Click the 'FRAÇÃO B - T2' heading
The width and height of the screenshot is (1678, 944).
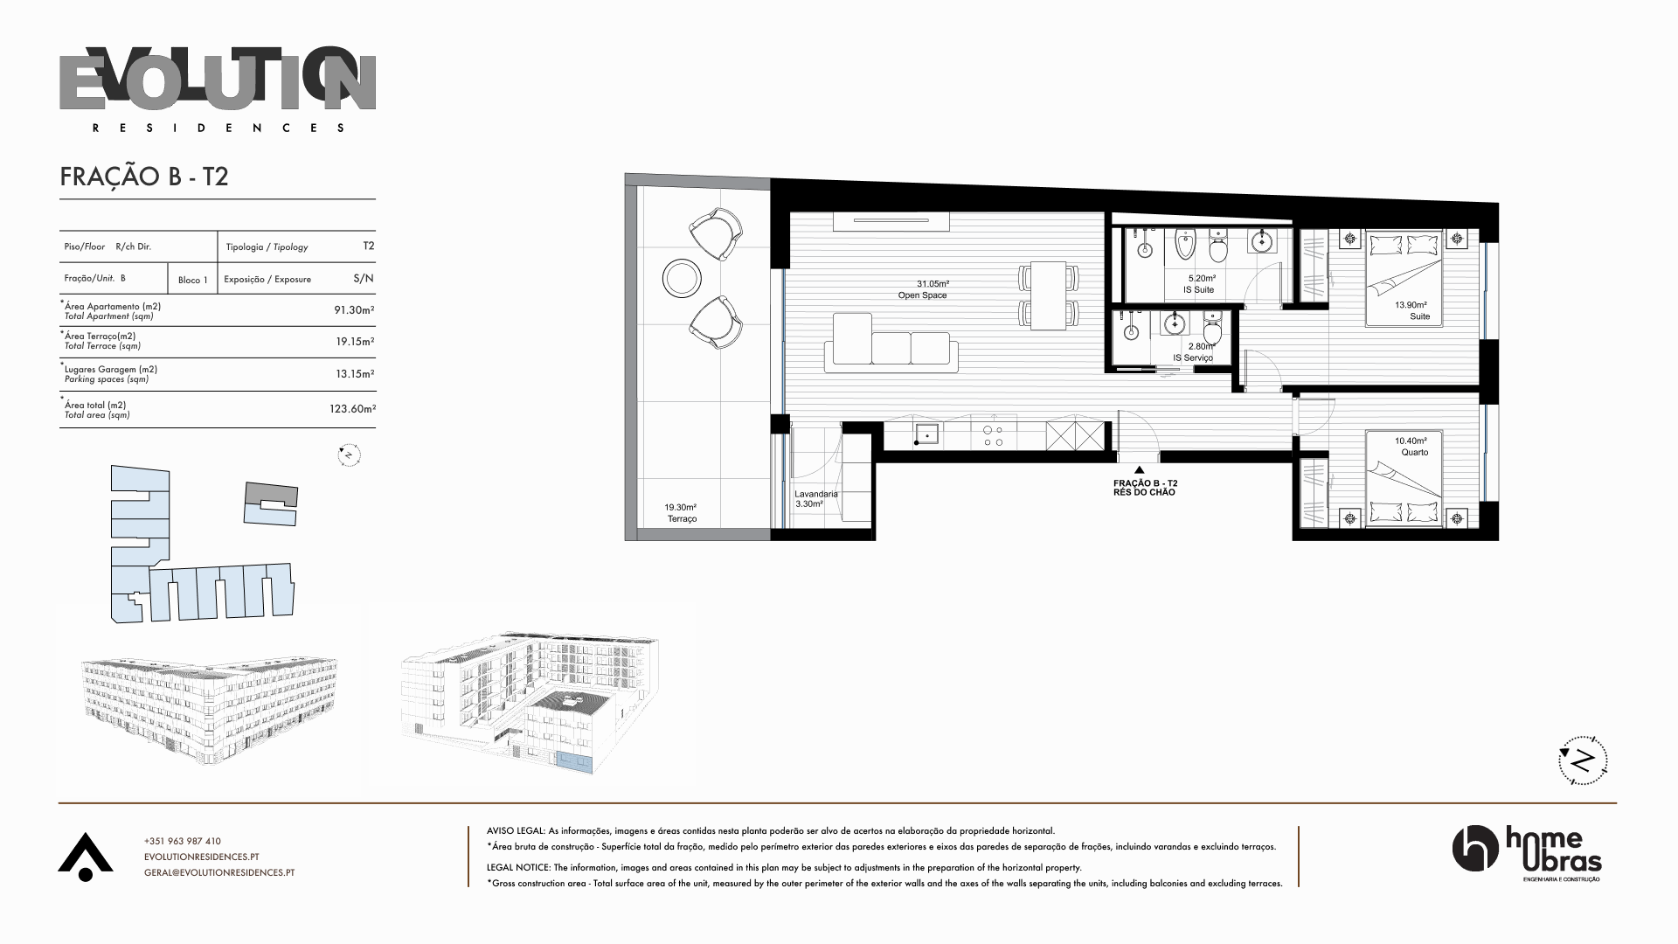coord(144,177)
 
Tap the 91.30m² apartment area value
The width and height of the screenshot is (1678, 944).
coord(354,309)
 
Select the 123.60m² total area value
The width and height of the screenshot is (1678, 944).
coord(352,408)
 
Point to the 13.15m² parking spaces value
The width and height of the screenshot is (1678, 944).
coord(355,373)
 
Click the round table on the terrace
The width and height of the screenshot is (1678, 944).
coord(682,279)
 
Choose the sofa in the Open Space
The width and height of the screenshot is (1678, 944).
coord(891,343)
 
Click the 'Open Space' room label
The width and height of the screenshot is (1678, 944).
coord(923,295)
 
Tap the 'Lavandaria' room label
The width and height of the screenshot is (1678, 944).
coord(816,494)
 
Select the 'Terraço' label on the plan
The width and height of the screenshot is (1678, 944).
coord(682,519)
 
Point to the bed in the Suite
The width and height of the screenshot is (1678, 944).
coord(1404,278)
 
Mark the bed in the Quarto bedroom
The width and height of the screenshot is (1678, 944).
coord(1404,480)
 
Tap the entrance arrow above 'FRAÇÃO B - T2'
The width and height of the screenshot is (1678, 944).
coord(1138,470)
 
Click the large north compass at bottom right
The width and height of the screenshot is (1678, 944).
coord(1583,760)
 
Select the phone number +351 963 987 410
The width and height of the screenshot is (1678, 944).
coord(183,841)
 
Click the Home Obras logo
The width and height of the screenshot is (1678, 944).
coord(1527,854)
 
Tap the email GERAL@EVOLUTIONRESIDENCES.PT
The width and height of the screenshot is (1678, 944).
coord(219,872)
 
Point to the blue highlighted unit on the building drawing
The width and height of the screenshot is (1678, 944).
coord(575,762)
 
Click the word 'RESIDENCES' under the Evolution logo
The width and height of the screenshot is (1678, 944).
coord(218,128)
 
